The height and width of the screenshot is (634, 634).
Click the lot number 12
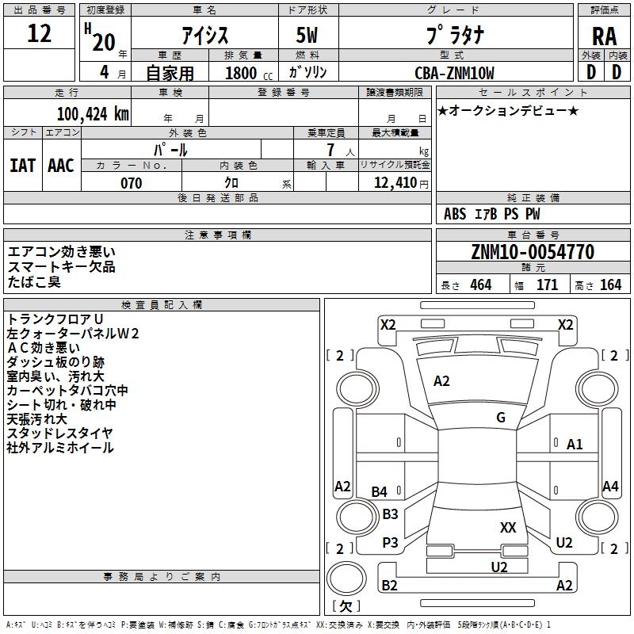pyautogui.click(x=40, y=33)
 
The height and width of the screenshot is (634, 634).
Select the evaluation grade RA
pyautogui.click(x=604, y=36)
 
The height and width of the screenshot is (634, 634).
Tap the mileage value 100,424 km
pyautogui.click(x=93, y=113)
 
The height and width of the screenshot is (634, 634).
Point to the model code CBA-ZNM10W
pyautogui.click(x=454, y=73)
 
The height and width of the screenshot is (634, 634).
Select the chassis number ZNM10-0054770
pyautogui.click(x=532, y=252)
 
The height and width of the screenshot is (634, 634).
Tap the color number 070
pyautogui.click(x=131, y=183)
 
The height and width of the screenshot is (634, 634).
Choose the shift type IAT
pyautogui.click(x=23, y=165)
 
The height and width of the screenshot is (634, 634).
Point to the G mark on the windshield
pyautogui.click(x=501, y=418)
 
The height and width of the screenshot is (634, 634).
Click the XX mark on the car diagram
pyautogui.click(x=508, y=527)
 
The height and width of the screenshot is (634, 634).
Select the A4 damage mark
pyautogui.click(x=609, y=487)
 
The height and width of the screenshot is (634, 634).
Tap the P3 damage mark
pyautogui.click(x=390, y=543)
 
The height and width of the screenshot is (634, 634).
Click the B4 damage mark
pyautogui.click(x=380, y=492)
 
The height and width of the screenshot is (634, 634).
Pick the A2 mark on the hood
pyautogui.click(x=441, y=381)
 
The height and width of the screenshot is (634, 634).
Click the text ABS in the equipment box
pyautogui.click(x=455, y=213)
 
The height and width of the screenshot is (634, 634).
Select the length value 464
pyautogui.click(x=480, y=285)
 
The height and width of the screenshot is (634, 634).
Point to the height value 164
pyautogui.click(x=610, y=285)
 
